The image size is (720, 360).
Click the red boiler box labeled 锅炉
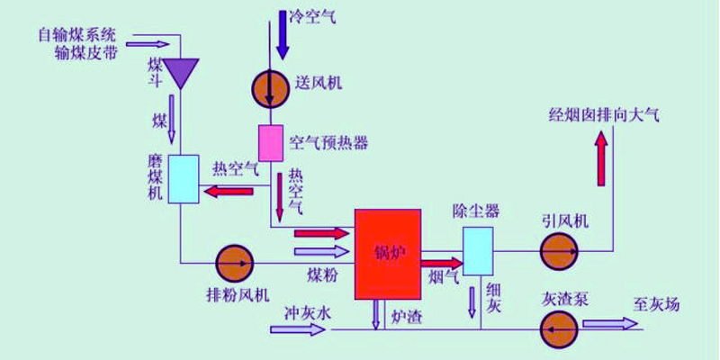point(388,254)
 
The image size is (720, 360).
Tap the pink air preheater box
point(271,141)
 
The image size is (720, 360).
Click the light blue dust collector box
point(477,250)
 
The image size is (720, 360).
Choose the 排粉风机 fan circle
point(235,263)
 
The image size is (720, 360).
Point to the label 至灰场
point(656,304)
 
